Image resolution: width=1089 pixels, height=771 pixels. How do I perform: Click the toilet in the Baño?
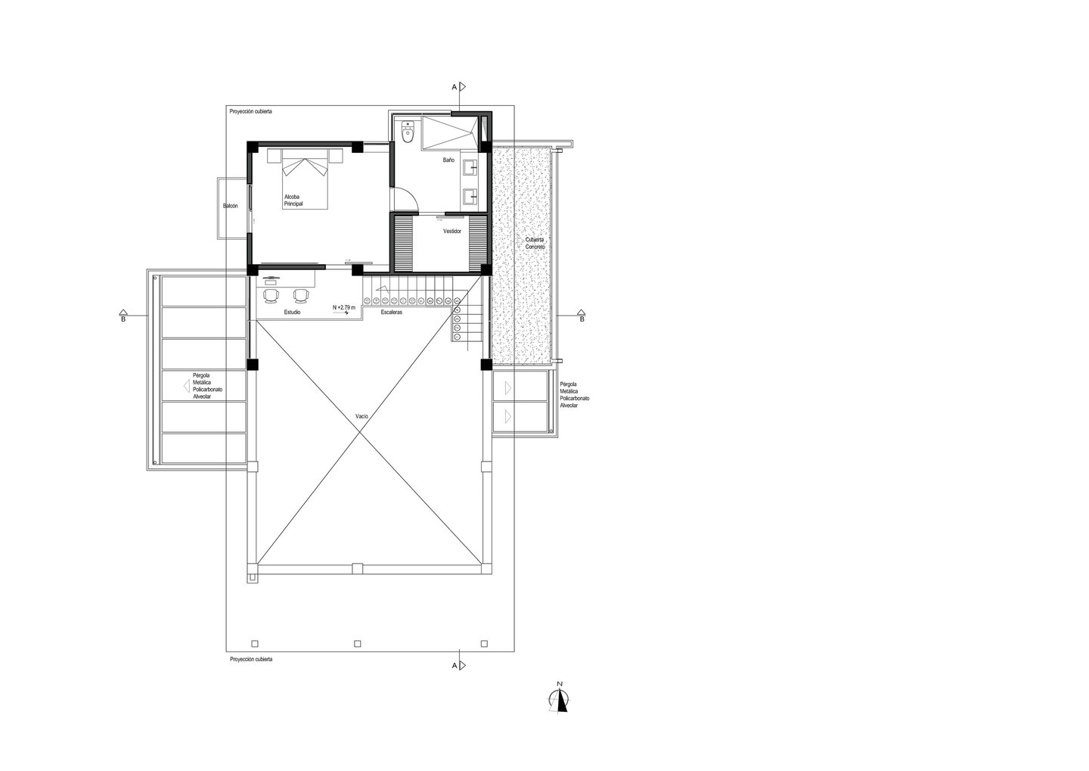pyautogui.click(x=408, y=132)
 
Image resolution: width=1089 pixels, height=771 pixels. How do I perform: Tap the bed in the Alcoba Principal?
pyautogui.click(x=304, y=179)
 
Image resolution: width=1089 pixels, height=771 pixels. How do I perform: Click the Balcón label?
pyautogui.click(x=231, y=207)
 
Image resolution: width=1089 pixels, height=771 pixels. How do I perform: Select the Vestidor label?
pyautogui.click(x=452, y=231)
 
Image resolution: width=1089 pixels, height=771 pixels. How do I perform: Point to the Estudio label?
pyautogui.click(x=292, y=312)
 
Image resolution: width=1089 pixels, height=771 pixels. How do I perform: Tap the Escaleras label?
pyautogui.click(x=392, y=312)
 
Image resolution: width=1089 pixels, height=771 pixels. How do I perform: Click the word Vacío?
pyautogui.click(x=361, y=416)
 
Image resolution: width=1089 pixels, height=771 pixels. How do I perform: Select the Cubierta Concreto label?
pyautogui.click(x=535, y=243)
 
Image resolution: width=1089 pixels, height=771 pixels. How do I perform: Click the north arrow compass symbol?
pyautogui.click(x=560, y=701)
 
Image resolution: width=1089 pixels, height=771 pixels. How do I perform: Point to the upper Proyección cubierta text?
pyautogui.click(x=251, y=111)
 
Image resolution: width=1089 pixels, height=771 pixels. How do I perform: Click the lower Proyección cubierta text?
pyautogui.click(x=251, y=659)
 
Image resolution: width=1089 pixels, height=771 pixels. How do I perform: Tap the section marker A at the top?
pyautogui.click(x=459, y=87)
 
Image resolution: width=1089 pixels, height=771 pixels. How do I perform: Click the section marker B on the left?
pyautogui.click(x=123, y=316)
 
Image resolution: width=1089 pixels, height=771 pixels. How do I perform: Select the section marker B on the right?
pyautogui.click(x=582, y=316)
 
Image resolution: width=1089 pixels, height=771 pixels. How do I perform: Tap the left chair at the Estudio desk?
pyautogui.click(x=271, y=295)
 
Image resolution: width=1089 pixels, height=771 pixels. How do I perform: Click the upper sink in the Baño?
pyautogui.click(x=469, y=168)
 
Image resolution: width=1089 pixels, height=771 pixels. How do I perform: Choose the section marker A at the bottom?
pyautogui.click(x=459, y=665)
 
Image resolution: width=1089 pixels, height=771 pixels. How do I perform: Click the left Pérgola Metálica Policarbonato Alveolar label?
pyautogui.click(x=207, y=386)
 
